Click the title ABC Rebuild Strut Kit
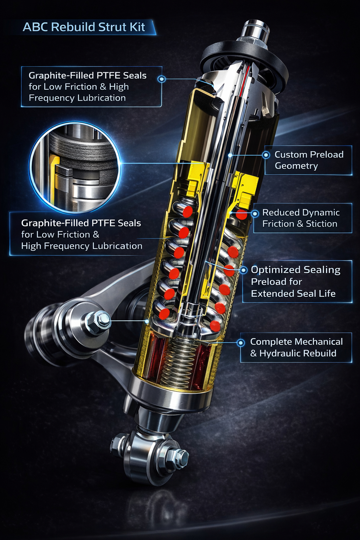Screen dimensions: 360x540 click(84, 27)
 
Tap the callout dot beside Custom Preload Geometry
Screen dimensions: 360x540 click(266, 155)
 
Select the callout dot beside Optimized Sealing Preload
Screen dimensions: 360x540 click(244, 270)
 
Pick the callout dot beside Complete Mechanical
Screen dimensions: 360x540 click(240, 342)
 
